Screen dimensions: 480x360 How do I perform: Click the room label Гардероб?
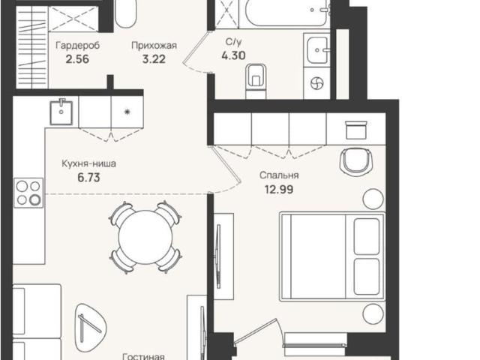[78, 46]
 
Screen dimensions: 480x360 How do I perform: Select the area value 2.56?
[77, 58]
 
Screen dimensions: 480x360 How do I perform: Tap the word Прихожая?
[154, 46]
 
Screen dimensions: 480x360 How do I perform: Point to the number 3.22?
[154, 58]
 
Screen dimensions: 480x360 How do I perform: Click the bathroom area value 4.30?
[233, 55]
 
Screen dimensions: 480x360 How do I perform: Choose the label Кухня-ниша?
[88, 163]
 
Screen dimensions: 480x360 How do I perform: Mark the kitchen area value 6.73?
[88, 178]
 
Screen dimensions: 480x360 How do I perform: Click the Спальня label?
[279, 175]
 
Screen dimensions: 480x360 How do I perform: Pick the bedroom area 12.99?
[279, 190]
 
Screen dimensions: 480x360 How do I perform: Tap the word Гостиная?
[143, 356]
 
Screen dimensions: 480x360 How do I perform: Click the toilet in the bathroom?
[256, 81]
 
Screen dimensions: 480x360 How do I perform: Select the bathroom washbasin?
[317, 50]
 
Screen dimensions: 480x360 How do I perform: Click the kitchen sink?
[61, 112]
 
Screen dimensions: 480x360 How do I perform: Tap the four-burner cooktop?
[28, 193]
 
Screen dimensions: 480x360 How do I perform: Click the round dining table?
[145, 237]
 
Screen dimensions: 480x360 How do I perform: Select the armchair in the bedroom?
[356, 160]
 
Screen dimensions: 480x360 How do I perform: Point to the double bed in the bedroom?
[332, 256]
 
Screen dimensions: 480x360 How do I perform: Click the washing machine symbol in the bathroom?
[316, 83]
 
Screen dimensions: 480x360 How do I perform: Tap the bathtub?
[285, 13]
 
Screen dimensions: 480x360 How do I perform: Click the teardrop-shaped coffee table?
[91, 324]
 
